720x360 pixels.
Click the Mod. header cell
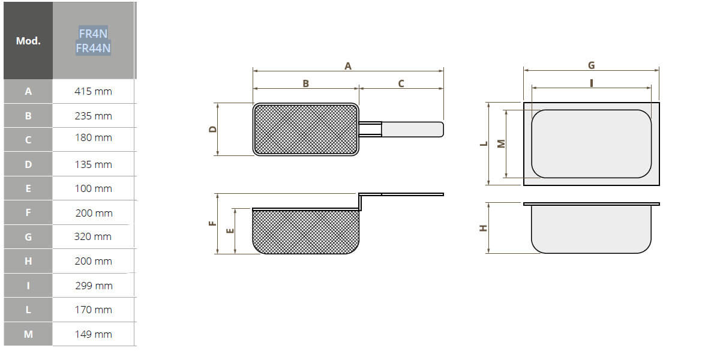point(28,41)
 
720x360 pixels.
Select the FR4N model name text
point(93,34)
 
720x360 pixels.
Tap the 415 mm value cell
point(93,92)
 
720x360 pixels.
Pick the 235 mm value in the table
point(93,116)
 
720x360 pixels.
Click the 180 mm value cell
point(93,138)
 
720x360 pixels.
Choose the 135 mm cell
point(93,164)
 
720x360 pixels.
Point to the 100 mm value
point(93,188)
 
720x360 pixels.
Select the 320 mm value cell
point(93,236)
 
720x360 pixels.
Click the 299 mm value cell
point(93,286)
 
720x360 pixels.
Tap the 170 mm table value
point(93,310)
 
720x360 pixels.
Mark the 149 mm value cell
point(93,334)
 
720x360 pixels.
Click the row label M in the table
point(28,334)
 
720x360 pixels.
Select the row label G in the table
point(28,236)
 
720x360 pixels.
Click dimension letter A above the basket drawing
point(347,66)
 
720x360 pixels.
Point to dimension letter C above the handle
point(401,83)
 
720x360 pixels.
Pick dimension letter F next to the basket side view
point(212,223)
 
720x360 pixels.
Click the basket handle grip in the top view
point(412,129)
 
